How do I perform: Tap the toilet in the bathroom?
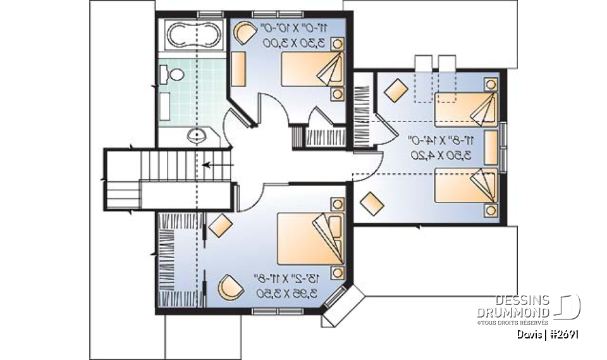pos(174,75)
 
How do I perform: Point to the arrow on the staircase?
pos(218,166)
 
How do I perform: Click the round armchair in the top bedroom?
pos(242,34)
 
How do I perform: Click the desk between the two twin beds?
pos(491,147)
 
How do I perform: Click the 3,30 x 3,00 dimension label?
pos(295,43)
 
